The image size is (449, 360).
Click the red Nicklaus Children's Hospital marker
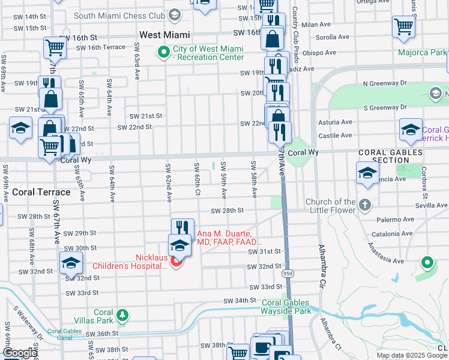(x=176, y=263)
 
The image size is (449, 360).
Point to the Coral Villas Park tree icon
(x=122, y=314)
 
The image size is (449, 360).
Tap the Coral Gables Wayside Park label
(x=286, y=307)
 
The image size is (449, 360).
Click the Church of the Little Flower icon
(x=364, y=206)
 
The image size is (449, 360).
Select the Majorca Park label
(x=422, y=52)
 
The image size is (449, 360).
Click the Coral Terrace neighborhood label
(x=41, y=193)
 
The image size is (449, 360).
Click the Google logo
(x=19, y=353)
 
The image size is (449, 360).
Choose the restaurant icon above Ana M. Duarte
(x=182, y=228)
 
